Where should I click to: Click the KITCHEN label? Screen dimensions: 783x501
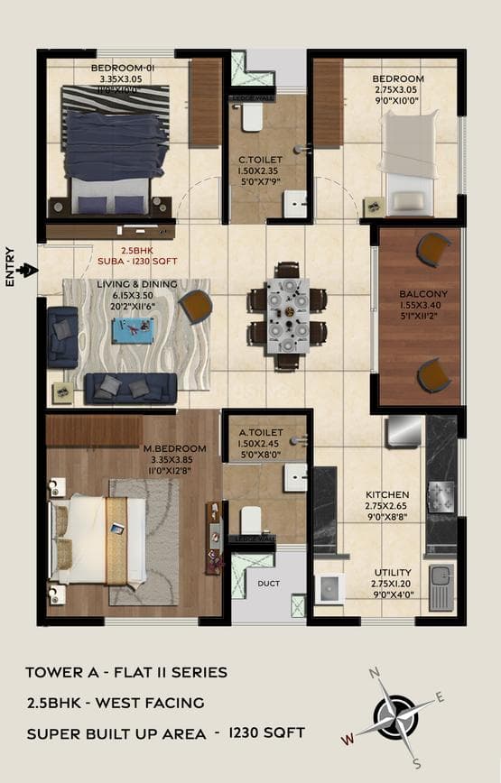387,494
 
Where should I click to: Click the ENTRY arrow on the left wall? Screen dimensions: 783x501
28,269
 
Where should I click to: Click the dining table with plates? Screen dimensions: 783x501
287,316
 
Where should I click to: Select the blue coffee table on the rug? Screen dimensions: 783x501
132,330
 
